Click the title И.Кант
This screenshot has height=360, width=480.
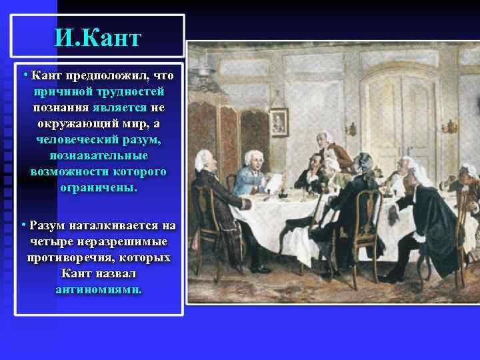(98, 37)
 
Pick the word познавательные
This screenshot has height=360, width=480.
(99, 156)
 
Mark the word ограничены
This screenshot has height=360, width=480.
(99, 188)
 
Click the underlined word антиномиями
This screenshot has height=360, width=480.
(99, 290)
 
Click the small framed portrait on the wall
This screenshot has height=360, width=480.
(279, 122)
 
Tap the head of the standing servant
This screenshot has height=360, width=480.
(325, 137)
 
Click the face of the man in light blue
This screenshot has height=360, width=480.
(252, 159)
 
